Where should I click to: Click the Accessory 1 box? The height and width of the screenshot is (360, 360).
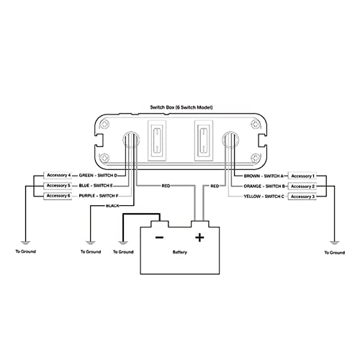[302, 176]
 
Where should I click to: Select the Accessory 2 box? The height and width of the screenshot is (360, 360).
[302, 186]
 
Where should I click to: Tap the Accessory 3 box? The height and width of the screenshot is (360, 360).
[302, 197]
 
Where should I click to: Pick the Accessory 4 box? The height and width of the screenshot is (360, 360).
[58, 175]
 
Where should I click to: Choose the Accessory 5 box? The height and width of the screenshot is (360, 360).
[58, 186]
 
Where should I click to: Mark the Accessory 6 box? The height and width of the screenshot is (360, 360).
[58, 196]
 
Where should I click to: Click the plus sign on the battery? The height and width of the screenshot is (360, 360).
[199, 238]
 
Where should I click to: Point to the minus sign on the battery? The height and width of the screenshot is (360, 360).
[159, 238]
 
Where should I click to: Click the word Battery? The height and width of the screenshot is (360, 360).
[180, 252]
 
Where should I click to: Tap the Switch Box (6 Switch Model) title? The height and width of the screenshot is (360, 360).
[181, 107]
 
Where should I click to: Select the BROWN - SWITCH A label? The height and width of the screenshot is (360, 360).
[264, 176]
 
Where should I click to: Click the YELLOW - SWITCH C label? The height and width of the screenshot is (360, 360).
[264, 197]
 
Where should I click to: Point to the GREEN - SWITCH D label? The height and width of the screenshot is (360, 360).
[98, 176]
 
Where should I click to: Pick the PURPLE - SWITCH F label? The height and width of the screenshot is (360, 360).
[99, 196]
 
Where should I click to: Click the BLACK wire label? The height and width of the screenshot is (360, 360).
[112, 206]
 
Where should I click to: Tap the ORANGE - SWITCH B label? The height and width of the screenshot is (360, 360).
[264, 186]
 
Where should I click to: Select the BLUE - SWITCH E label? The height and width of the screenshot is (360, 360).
[96, 186]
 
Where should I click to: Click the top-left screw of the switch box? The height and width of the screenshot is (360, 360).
[105, 125]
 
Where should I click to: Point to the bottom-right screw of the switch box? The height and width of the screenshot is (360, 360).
[255, 158]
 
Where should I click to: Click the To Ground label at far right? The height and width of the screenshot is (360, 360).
[335, 253]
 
